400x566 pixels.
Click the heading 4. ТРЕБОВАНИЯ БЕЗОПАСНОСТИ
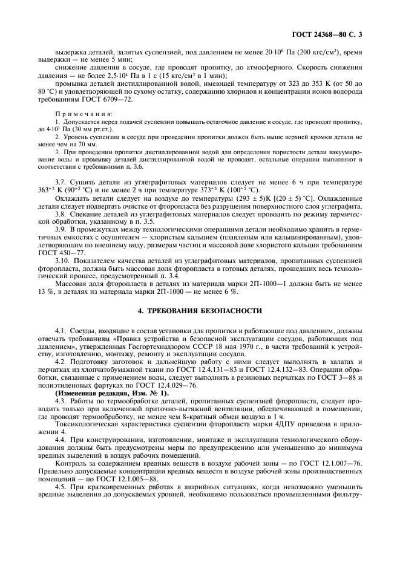(199, 310)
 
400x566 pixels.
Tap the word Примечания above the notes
(76, 112)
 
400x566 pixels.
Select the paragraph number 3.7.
(61, 182)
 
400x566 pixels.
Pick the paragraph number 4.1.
(61, 332)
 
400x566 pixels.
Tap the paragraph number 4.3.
(61, 402)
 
